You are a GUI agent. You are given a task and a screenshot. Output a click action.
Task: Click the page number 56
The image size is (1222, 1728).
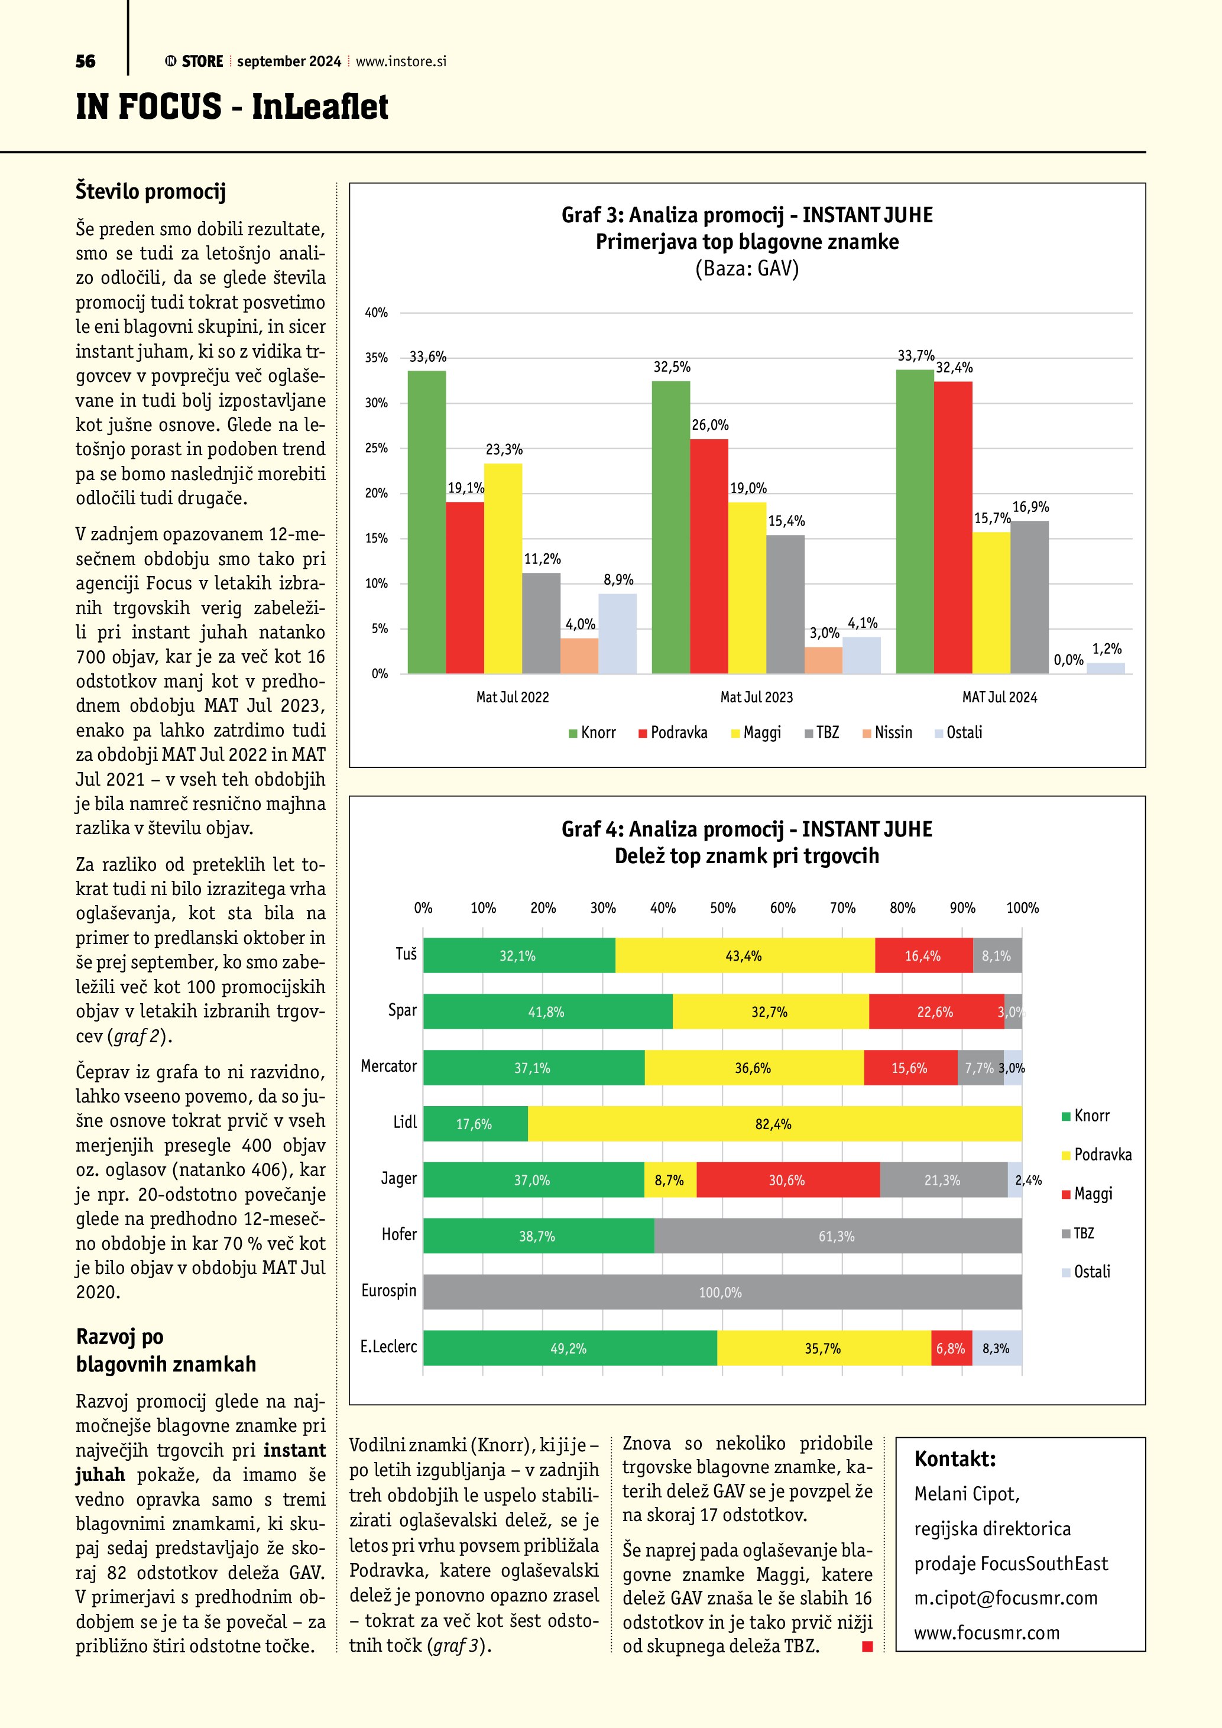(x=85, y=61)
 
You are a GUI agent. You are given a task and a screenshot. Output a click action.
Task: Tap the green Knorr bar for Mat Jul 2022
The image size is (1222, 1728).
(x=427, y=521)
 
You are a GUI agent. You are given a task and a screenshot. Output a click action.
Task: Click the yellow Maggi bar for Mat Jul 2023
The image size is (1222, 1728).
(x=747, y=587)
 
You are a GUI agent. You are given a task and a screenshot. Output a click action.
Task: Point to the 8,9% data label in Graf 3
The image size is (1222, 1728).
(x=618, y=579)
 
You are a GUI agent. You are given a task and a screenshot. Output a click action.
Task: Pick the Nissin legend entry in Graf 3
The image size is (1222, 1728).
(x=887, y=732)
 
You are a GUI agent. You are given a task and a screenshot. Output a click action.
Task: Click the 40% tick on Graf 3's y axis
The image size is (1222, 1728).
(x=376, y=312)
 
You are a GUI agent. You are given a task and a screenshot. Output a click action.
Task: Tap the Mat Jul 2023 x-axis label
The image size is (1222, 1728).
(x=756, y=697)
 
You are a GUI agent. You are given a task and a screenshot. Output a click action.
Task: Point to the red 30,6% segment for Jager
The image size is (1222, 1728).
(x=787, y=1180)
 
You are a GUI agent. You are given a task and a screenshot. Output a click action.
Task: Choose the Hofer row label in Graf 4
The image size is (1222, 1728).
(x=399, y=1234)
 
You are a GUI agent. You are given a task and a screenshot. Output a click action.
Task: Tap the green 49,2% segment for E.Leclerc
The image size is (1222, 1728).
(x=569, y=1348)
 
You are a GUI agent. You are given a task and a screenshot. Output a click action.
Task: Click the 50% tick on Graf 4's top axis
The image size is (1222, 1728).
(x=722, y=907)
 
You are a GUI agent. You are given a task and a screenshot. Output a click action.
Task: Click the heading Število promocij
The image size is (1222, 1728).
(x=151, y=191)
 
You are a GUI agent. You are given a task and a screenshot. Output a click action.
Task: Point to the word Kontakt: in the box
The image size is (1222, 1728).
(x=954, y=1458)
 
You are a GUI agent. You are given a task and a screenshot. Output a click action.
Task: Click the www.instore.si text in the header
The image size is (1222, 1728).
(x=401, y=61)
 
